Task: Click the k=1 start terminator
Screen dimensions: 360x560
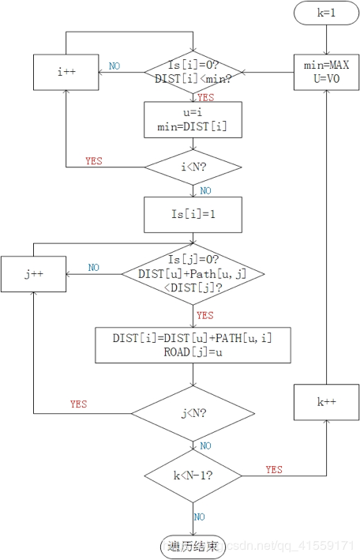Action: pos(326,13)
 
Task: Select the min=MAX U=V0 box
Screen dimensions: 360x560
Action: pos(326,72)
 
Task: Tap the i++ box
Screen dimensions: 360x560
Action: pos(66,72)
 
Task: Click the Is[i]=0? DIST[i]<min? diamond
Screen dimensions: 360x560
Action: pos(193,73)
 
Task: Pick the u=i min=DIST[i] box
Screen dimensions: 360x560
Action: pos(193,119)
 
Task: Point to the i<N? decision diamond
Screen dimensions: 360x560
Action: pos(193,167)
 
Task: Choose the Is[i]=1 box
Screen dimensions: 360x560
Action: pos(193,215)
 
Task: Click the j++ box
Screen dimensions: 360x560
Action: pos(34,274)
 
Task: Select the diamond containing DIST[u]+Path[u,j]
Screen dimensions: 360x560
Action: pos(193,274)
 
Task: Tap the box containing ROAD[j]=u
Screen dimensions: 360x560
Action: pos(193,345)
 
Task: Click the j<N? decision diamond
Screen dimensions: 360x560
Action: pos(193,414)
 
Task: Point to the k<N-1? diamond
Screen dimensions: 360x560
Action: pos(193,475)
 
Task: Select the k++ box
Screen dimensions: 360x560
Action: pos(326,402)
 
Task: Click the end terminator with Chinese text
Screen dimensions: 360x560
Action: pos(193,547)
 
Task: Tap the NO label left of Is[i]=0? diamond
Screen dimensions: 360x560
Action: pos(114,66)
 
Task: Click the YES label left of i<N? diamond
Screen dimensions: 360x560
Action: pos(94,161)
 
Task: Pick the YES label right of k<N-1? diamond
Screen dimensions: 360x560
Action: pos(274,470)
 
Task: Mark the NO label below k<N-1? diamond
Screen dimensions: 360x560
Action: pos(200,517)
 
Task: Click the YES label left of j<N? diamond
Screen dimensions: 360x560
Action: pos(79,404)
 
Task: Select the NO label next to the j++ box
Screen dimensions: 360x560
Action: pos(94,268)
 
